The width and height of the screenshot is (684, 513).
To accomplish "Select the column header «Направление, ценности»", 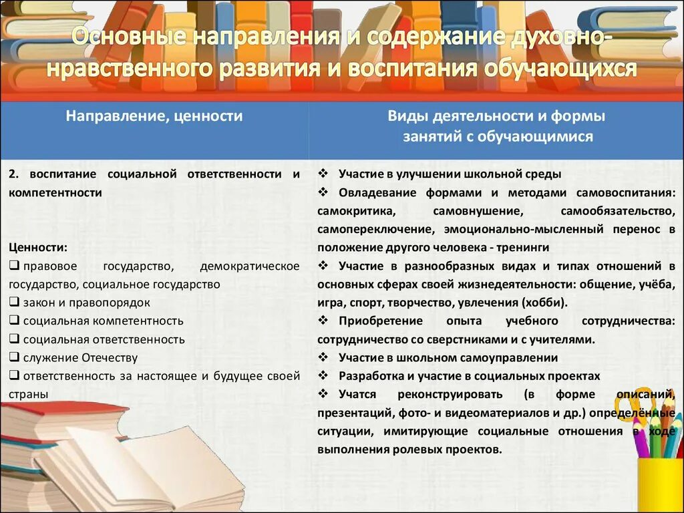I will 154,116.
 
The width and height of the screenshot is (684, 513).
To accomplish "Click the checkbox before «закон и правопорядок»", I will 14,302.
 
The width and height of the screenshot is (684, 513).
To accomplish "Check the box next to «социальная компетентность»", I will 14,321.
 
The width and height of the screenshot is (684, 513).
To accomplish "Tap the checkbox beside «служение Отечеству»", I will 14,357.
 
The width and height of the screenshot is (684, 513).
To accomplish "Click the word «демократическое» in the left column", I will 249,266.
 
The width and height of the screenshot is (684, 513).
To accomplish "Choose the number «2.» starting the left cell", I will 15,174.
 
